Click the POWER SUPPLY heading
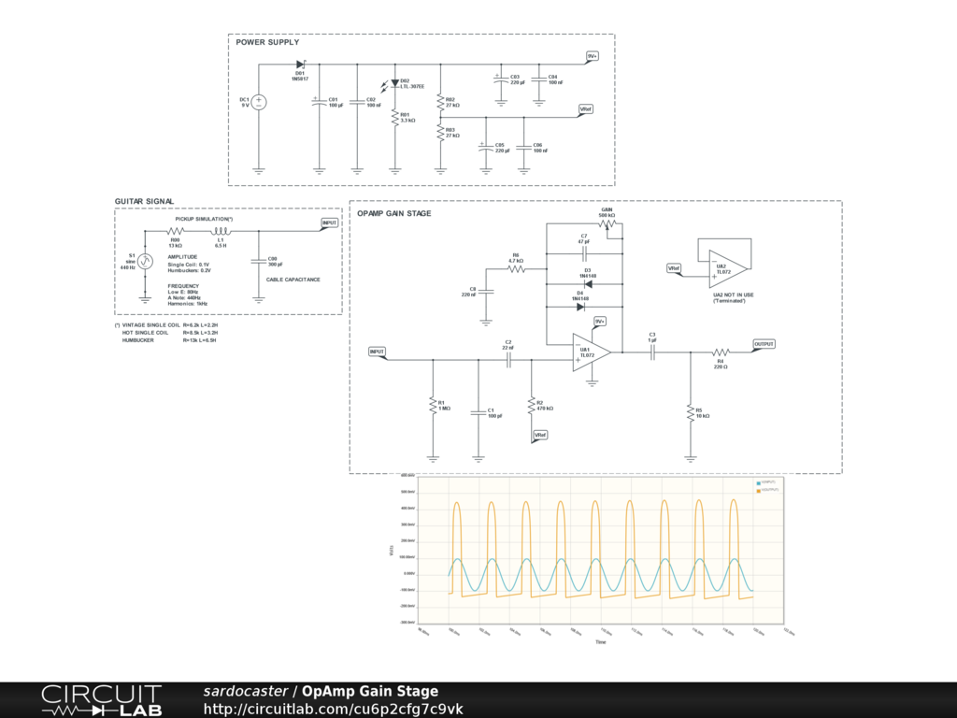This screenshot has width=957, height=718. tap(267, 42)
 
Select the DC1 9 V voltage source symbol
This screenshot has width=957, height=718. tap(260, 102)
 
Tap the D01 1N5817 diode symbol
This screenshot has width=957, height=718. tap(301, 64)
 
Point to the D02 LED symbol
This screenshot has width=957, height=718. tap(394, 83)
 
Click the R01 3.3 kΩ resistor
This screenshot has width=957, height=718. tap(394, 119)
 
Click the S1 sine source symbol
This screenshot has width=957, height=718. tap(145, 263)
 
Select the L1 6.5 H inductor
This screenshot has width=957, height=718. tap(221, 231)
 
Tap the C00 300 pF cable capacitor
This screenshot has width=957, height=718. tap(259, 263)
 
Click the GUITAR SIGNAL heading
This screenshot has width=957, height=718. tap(144, 202)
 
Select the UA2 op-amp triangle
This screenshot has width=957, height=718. tap(726, 267)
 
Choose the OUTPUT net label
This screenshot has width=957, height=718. tap(764, 344)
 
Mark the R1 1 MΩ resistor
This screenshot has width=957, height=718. tap(433, 405)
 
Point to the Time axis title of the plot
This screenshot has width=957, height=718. tap(600, 642)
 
